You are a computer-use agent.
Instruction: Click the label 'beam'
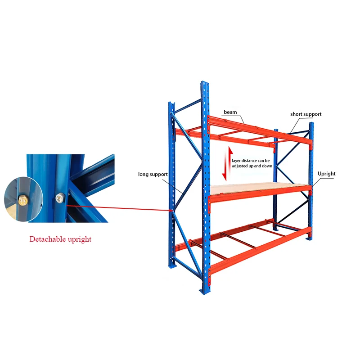pyautogui.click(x=230, y=112)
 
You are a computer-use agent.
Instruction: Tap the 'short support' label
pyautogui.click(x=306, y=114)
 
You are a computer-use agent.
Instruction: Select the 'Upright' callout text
pyautogui.click(x=327, y=174)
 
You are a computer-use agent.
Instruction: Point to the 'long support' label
pyautogui.click(x=153, y=174)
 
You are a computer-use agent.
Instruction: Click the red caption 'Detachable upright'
pyautogui.click(x=60, y=239)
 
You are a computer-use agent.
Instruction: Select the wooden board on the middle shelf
pyautogui.click(x=259, y=188)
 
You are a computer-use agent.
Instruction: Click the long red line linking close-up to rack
pyautogui.click(x=117, y=207)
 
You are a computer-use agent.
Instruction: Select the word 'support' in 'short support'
pyautogui.click(x=313, y=114)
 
